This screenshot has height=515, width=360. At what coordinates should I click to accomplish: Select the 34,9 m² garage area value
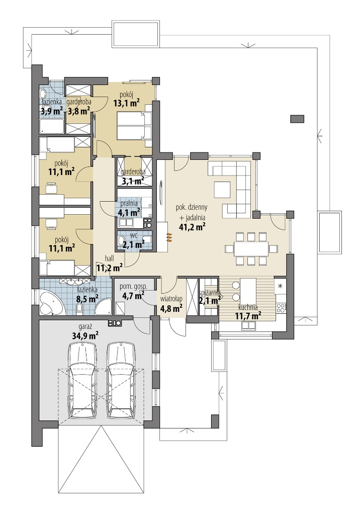85,335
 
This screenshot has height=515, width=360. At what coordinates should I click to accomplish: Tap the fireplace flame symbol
169,237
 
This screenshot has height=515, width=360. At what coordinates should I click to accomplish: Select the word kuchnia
248,308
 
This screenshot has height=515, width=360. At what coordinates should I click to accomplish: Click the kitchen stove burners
281,308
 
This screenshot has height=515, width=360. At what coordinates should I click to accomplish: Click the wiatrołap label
171,299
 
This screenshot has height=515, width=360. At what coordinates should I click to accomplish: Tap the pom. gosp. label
133,286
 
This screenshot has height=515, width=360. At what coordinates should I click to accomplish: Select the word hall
110,259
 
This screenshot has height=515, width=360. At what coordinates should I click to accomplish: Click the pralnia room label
129,203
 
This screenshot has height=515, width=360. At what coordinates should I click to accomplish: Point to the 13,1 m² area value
126,104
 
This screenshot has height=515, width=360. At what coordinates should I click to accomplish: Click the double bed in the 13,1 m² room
134,125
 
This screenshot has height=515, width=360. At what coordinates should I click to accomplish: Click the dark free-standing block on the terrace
298,119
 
